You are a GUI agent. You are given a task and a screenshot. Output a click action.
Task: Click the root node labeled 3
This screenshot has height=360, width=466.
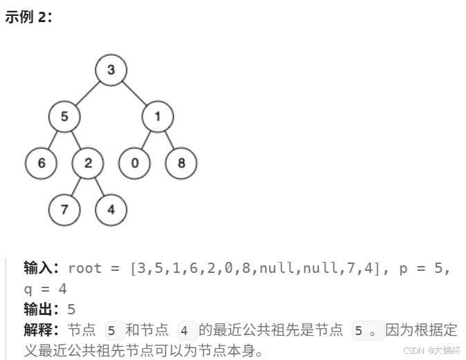click(111, 69)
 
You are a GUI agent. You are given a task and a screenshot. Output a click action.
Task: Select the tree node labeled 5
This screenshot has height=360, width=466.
click(64, 116)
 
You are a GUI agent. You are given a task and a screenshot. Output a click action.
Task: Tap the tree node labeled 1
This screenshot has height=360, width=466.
click(158, 116)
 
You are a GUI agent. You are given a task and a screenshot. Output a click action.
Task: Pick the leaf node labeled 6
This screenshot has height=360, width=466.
click(41, 163)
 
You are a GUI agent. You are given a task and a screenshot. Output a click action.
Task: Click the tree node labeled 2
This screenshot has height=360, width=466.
click(88, 163)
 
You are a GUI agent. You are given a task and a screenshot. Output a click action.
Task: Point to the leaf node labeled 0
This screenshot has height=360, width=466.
click(135, 163)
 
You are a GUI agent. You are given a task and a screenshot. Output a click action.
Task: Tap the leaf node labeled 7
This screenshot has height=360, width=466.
click(64, 209)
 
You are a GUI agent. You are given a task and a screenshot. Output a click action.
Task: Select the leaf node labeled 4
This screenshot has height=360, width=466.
click(111, 209)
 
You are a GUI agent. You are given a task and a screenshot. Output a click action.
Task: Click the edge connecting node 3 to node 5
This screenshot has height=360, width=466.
click(88, 93)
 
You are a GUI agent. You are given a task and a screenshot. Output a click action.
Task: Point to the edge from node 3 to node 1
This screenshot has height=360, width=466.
click(135, 93)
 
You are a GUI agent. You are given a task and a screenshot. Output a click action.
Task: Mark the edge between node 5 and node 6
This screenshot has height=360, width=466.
click(53, 140)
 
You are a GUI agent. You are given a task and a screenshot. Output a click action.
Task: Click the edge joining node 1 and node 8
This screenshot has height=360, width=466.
click(170, 140)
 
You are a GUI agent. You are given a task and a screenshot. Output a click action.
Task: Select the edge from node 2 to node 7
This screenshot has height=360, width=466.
click(76, 187)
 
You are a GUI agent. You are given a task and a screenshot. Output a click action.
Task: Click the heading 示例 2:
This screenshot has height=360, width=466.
click(28, 17)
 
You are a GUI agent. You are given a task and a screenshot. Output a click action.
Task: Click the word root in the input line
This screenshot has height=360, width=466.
click(84, 268)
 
